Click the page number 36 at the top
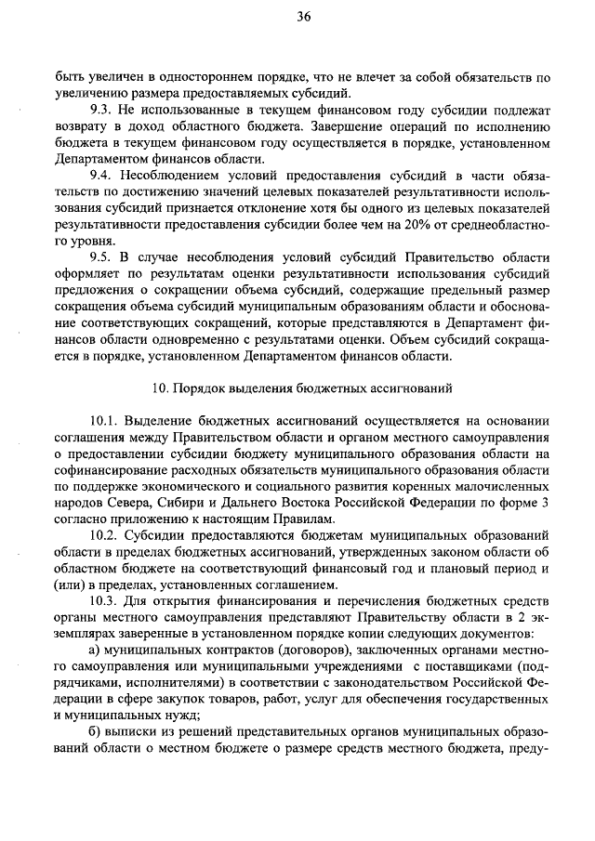(x=303, y=16)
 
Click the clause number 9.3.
(x=101, y=110)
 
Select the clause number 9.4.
(x=101, y=176)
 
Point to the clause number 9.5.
(x=101, y=256)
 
